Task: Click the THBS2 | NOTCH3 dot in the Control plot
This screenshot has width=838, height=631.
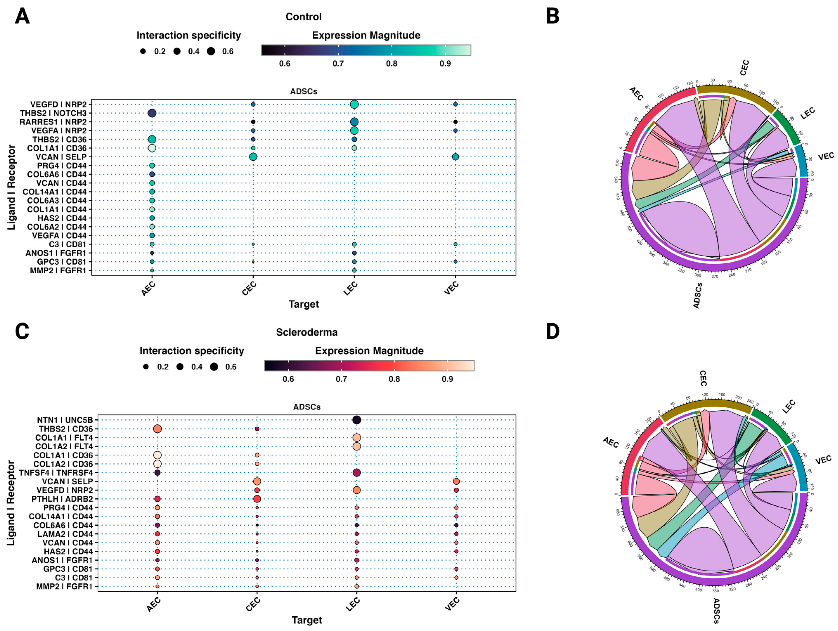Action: pyautogui.click(x=152, y=113)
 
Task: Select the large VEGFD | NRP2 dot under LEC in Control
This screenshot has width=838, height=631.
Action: pyautogui.click(x=354, y=104)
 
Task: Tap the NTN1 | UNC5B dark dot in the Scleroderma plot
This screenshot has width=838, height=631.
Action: pyautogui.click(x=357, y=420)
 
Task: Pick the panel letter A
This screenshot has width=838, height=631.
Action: pyautogui.click(x=22, y=17)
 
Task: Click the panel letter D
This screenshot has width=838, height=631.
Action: pyautogui.click(x=553, y=332)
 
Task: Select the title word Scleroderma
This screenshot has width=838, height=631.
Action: pyautogui.click(x=306, y=332)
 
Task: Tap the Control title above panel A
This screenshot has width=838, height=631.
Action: pyautogui.click(x=304, y=17)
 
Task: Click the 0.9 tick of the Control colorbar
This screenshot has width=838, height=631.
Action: pyautogui.click(x=445, y=63)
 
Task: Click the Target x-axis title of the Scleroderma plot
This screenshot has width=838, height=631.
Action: pyautogui.click(x=306, y=620)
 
